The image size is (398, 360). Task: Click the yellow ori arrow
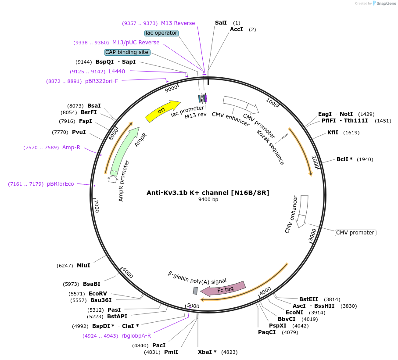pyautogui.click(x=162, y=111)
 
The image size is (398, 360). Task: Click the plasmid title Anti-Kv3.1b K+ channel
pyautogui.click(x=208, y=192)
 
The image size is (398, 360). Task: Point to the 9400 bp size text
pyautogui.click(x=208, y=200)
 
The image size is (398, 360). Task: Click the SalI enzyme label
pyautogui.click(x=221, y=22)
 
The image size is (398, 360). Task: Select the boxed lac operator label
pyautogui.click(x=161, y=33)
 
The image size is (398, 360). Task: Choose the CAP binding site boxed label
pyautogui.click(x=127, y=52)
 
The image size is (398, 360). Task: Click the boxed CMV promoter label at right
pyautogui.click(x=355, y=233)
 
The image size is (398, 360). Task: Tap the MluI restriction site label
pyautogui.click(x=83, y=266)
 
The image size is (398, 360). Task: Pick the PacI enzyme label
pyautogui.click(x=159, y=346)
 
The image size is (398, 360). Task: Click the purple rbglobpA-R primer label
pyautogui.click(x=136, y=336)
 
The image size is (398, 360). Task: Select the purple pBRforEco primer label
pyautogui.click(x=61, y=184)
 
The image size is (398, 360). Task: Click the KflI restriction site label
pyautogui.click(x=333, y=133)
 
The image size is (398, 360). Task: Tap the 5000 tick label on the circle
pyautogui.click(x=193, y=306)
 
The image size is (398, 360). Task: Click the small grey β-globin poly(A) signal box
pyautogui.click(x=195, y=291)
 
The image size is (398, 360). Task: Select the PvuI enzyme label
pyautogui.click(x=79, y=132)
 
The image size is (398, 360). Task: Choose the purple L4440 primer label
pyautogui.click(x=117, y=71)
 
